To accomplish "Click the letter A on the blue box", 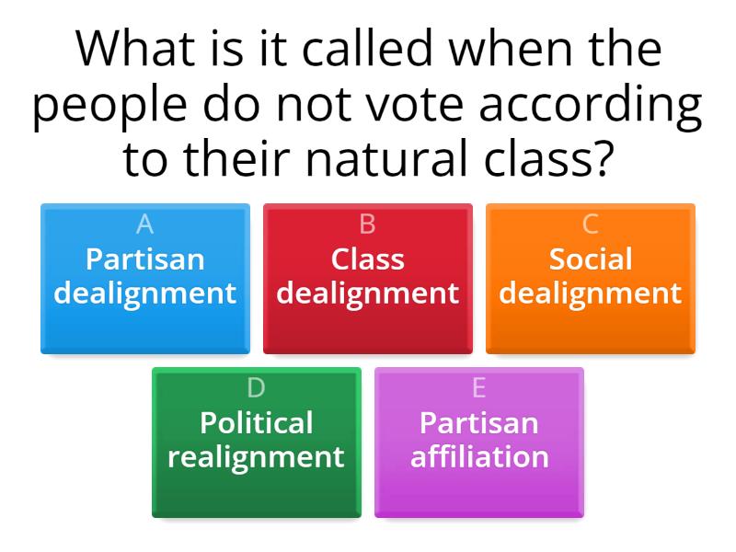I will pos(144,224).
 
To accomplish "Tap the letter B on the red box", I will pos(367,224).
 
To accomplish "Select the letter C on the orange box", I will pos(591,224).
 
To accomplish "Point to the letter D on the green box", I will pos(256,388).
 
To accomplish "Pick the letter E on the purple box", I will pos(478,388).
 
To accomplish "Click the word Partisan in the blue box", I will pos(144,259).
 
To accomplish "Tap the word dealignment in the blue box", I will pos(144,293).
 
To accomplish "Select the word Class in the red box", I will pos(367,259).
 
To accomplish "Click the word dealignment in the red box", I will pos(367,293).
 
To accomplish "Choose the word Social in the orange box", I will pos(591,259).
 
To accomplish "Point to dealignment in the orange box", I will pos(591,293).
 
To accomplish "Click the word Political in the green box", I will pos(256,422).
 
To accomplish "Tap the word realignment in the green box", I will pos(256,456).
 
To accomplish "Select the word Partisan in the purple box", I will pos(478,422).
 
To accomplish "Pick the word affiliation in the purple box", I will pos(478,456).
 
